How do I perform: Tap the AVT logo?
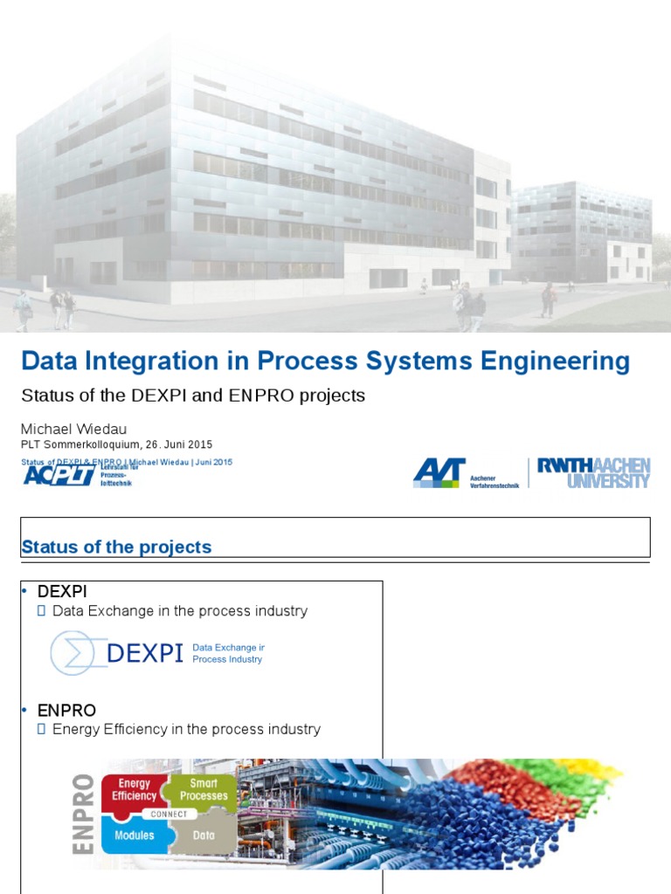point(439,472)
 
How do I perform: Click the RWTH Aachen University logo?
point(593,472)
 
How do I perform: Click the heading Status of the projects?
point(116,547)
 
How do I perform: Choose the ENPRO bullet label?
point(66,710)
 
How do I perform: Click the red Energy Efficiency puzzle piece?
point(135,790)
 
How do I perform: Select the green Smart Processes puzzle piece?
point(204,790)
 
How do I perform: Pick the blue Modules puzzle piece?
point(134,836)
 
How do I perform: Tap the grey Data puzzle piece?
point(203,836)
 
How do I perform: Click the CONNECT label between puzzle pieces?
point(169,814)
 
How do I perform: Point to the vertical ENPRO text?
point(84,814)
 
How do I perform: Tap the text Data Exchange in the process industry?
point(179,611)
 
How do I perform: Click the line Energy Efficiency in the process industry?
point(186,729)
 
